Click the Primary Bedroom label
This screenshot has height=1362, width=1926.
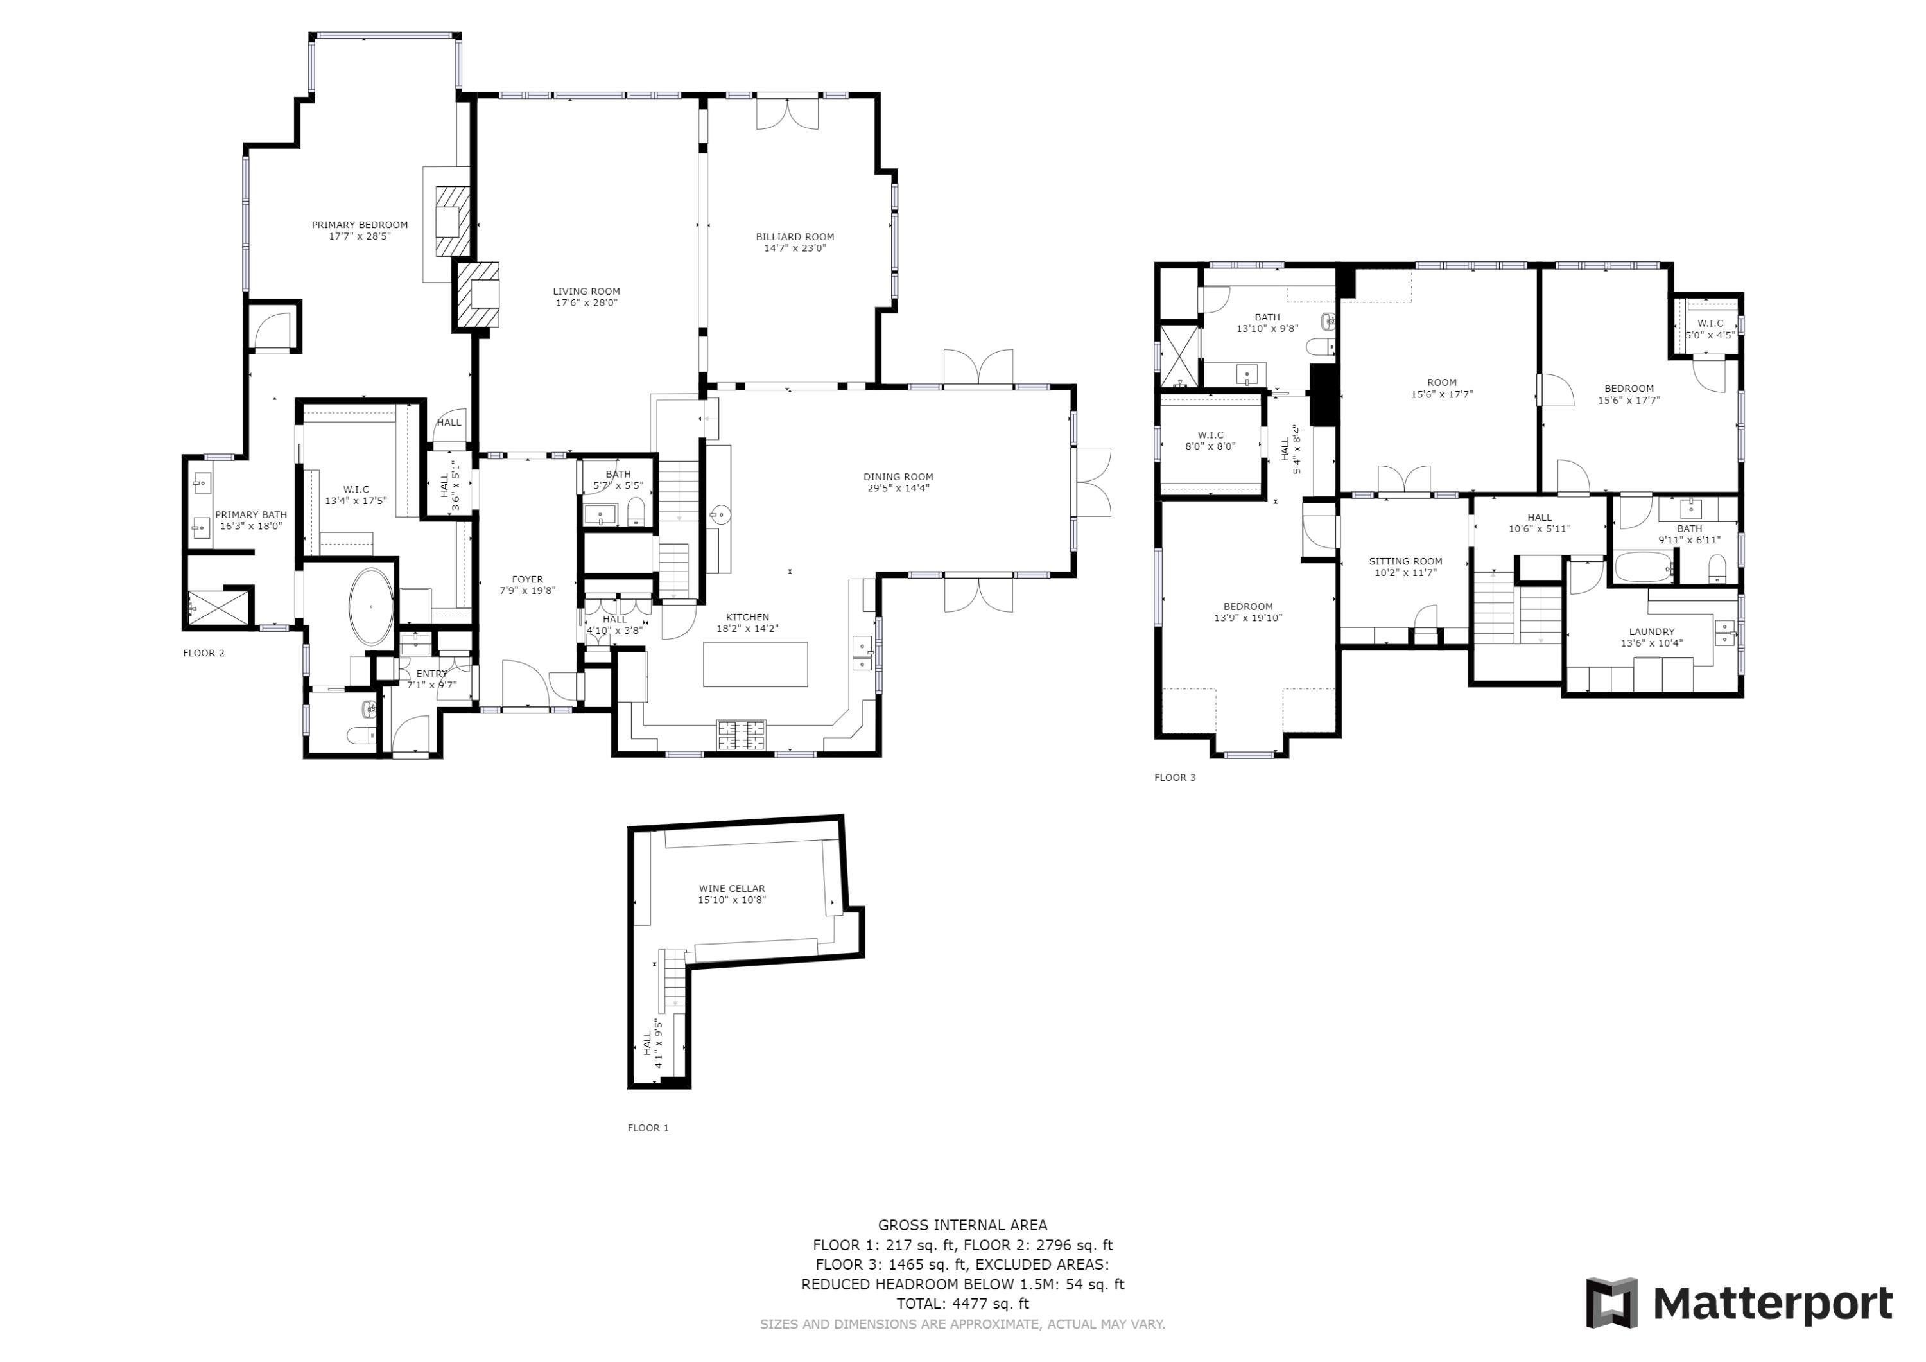pos(360,225)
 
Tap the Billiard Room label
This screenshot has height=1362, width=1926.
pos(795,237)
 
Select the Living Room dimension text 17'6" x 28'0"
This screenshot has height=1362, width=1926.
pos(586,303)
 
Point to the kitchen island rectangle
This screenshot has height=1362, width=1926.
pos(756,665)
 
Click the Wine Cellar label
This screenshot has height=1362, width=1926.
pos(733,889)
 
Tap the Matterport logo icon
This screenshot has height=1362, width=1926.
pos(1611,1302)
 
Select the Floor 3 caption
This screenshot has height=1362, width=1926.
pos(1176,778)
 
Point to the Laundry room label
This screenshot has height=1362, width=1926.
pos(1652,632)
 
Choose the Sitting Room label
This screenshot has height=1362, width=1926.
pos(1406,561)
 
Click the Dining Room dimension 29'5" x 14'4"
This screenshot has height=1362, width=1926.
pos(898,489)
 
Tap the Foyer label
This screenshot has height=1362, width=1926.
pos(528,579)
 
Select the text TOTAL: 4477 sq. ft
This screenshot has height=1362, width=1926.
pos(963,1304)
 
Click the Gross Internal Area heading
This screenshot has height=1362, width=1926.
pos(963,1225)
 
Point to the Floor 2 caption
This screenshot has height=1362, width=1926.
pos(204,653)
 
